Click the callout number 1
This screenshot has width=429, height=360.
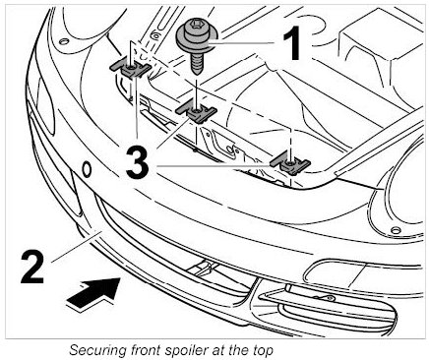[292, 43]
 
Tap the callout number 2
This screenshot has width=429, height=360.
[32, 267]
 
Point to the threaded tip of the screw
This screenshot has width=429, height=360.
[196, 70]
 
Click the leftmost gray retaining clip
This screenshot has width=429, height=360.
[130, 70]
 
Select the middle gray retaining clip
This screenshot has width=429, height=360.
[197, 112]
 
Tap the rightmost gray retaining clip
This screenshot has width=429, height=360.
[290, 162]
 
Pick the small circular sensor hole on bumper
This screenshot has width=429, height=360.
[87, 169]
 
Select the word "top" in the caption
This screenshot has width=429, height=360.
[263, 351]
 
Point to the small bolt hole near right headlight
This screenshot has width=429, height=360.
[396, 230]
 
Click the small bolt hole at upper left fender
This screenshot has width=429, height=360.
[64, 41]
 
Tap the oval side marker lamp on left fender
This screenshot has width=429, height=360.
[45, 105]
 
